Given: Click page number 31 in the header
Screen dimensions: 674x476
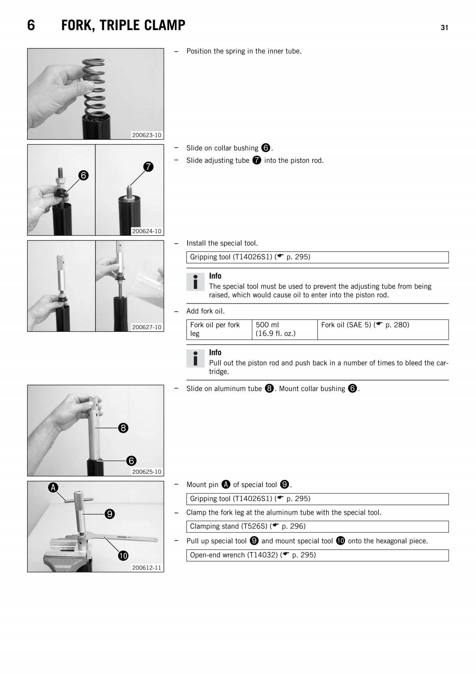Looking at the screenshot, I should (444, 28).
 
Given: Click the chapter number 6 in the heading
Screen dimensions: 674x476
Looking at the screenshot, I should (31, 25).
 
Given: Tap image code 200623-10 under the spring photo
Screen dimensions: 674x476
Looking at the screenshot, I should (147, 135).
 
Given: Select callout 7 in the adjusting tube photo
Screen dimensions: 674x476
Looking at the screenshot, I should (148, 167).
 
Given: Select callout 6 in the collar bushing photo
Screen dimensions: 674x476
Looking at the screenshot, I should (83, 175).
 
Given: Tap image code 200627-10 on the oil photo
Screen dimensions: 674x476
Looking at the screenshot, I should (147, 327).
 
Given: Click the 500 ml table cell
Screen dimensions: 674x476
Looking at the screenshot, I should (284, 329).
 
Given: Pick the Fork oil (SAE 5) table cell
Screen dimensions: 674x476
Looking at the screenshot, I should (382, 329).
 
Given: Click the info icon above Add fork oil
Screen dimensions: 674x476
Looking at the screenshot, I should (195, 282).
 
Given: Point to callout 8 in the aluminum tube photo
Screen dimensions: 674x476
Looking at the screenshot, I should (123, 428).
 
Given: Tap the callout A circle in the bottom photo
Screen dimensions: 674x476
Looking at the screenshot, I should (53, 487).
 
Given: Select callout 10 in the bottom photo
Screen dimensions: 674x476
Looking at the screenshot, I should (123, 556).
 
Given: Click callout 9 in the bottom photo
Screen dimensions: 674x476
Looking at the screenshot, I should (110, 514).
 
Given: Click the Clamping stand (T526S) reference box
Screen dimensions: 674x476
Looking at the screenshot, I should (317, 526).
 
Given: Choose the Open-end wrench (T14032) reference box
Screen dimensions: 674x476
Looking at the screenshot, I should (317, 555).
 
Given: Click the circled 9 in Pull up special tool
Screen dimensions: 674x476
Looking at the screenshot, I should (254, 541).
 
